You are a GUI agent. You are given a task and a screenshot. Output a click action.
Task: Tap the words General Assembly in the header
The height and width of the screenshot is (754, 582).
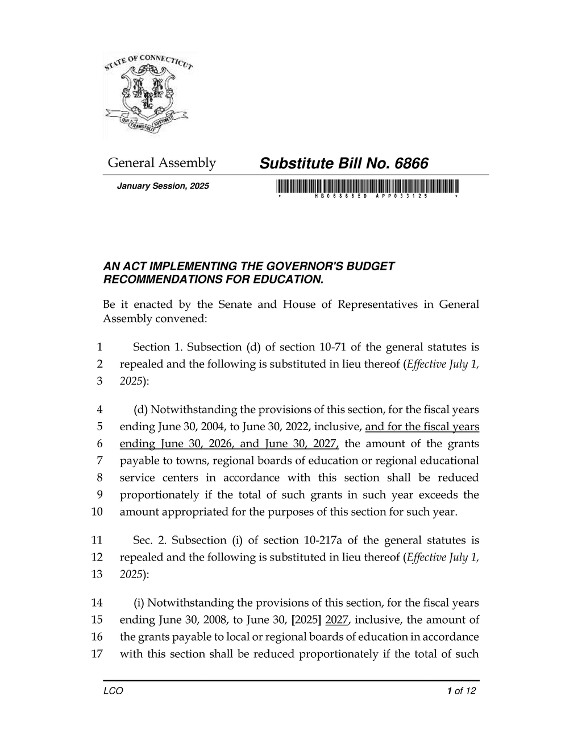(162, 163)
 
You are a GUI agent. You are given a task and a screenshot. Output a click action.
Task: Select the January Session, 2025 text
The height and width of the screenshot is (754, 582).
(163, 186)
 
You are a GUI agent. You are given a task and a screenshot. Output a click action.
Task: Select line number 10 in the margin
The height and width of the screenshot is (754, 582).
(97, 512)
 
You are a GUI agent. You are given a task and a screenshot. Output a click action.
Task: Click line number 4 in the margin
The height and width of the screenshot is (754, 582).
(100, 409)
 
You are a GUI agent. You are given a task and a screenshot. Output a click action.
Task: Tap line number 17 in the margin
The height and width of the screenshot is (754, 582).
(97, 654)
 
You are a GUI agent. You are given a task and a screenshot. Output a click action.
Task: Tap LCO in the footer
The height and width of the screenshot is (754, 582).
(113, 691)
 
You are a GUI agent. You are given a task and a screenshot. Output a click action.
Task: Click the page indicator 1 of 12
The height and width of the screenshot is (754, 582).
(461, 691)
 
